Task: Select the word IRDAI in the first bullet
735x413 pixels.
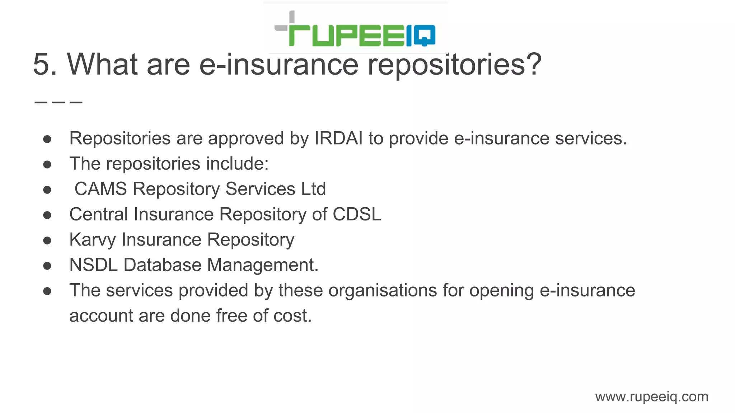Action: point(338,138)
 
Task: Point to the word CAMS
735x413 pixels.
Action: point(100,189)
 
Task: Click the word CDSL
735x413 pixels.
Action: point(357,214)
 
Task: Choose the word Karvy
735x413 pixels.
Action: point(92,240)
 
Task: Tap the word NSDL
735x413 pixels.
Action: point(93,265)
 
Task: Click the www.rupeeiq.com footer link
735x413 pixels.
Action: point(651,397)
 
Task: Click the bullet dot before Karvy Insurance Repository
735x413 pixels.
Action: point(47,240)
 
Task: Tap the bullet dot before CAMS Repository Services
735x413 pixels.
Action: point(47,189)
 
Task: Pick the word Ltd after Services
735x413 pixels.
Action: point(313,189)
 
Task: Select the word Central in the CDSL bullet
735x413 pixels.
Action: point(99,214)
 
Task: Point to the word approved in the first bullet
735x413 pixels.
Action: point(246,139)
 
